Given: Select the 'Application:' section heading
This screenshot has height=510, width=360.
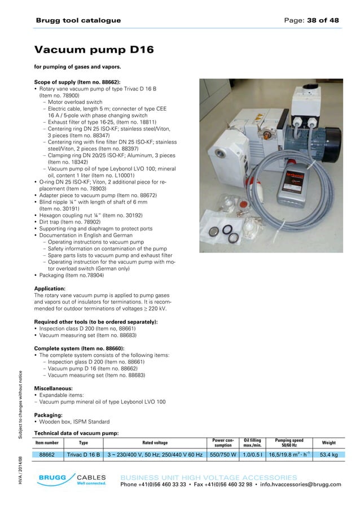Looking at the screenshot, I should pyautogui.click(x=54, y=289).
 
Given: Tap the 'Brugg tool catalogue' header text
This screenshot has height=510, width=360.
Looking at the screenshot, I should pyautogui.click(x=78, y=20).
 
